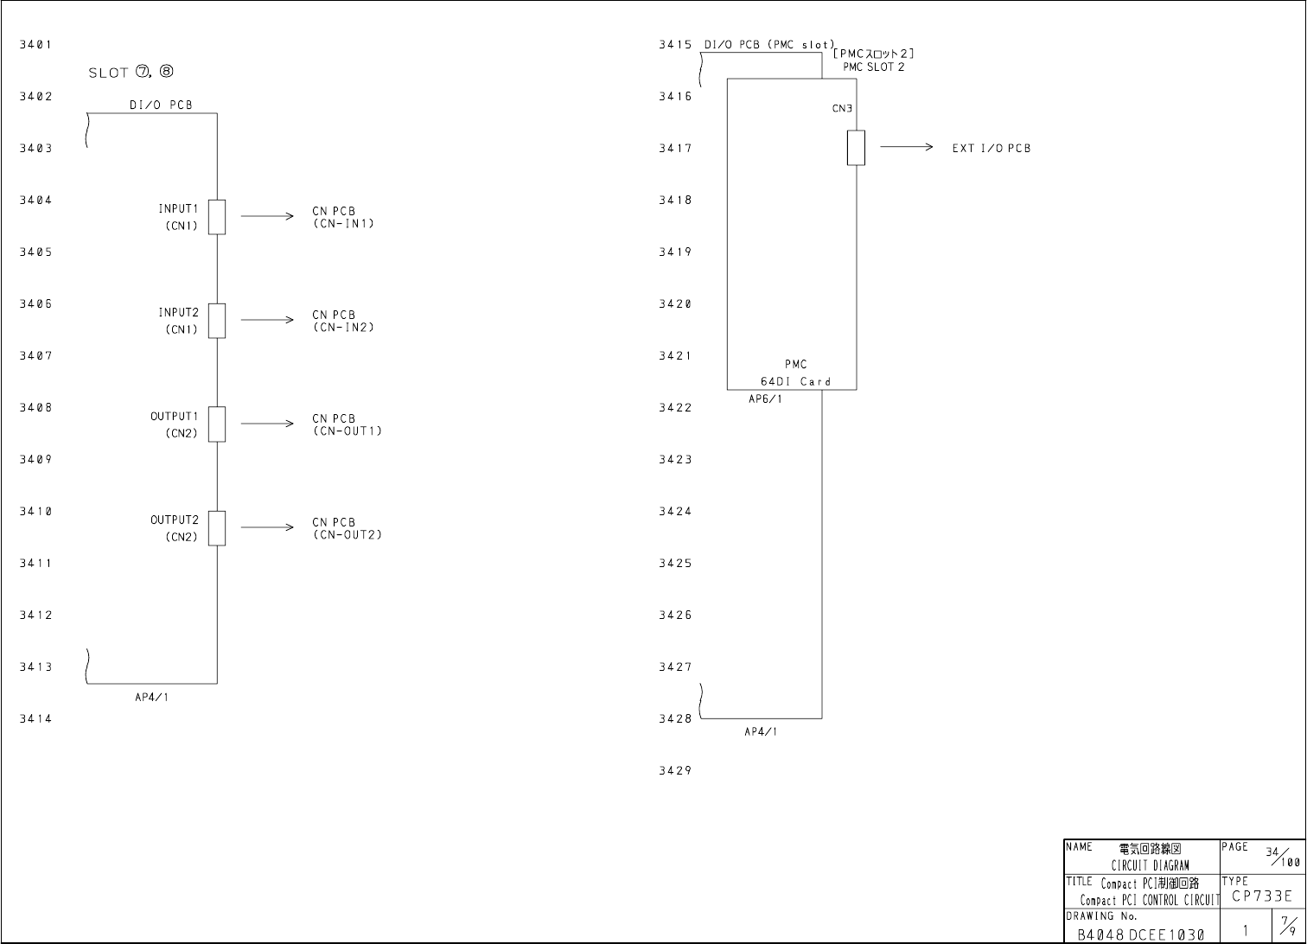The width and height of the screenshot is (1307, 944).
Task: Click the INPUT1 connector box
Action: point(217,216)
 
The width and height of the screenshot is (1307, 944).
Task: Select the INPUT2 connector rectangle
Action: point(217,320)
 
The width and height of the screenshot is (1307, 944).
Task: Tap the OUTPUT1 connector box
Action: point(217,424)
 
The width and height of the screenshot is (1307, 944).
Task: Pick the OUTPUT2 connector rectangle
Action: point(217,527)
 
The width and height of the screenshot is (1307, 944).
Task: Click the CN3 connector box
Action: point(856,147)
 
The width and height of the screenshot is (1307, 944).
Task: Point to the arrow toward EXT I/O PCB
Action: point(906,147)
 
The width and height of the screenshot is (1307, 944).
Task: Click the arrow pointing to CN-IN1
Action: point(267,216)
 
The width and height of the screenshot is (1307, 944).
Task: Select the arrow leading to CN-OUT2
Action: point(267,527)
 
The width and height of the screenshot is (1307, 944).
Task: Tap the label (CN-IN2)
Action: point(343,328)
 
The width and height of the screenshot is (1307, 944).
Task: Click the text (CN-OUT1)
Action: point(347,431)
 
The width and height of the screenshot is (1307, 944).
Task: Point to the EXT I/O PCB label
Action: point(991,148)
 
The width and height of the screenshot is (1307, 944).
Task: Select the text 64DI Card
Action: point(795,381)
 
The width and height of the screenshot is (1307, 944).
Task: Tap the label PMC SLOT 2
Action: point(874,67)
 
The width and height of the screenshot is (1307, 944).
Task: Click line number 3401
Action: point(35,44)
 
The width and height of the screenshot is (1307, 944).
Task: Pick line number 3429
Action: point(674,770)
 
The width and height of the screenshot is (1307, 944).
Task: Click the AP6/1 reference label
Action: point(765,399)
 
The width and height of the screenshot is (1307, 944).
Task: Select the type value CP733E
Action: point(1262,896)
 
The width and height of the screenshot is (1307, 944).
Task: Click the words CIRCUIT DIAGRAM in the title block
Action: point(1150,865)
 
